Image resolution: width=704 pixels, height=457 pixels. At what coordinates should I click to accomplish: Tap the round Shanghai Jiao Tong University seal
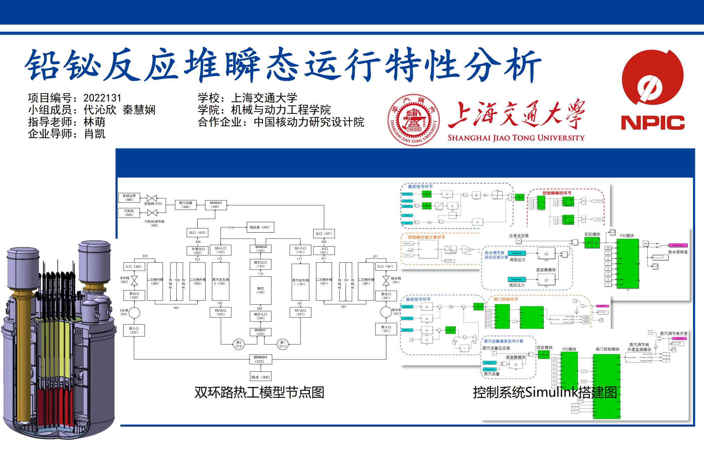(413, 120)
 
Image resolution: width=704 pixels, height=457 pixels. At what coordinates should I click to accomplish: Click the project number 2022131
(102, 98)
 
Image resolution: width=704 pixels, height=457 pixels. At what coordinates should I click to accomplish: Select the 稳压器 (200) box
(260, 227)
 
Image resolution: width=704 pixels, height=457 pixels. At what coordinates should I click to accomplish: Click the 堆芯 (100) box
(261, 290)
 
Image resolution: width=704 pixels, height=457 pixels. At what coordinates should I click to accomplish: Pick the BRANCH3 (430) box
(216, 205)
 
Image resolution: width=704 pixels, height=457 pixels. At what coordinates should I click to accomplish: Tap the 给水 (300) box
(261, 377)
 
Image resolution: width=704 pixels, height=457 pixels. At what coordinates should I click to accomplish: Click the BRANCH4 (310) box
(260, 359)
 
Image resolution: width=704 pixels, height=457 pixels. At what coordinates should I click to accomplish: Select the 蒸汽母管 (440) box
(186, 205)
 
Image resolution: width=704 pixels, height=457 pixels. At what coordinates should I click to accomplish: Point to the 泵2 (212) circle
(239, 344)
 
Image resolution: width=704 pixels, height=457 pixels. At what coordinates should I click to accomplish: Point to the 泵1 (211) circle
(283, 344)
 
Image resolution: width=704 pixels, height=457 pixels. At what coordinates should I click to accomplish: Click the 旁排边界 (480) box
(129, 198)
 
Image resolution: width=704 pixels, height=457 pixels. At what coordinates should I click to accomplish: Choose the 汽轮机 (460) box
(129, 213)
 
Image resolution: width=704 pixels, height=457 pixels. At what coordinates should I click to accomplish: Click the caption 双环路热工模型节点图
(259, 392)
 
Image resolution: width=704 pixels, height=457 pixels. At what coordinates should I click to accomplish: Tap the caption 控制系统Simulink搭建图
(545, 392)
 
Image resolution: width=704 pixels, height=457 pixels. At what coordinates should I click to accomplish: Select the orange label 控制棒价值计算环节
(426, 237)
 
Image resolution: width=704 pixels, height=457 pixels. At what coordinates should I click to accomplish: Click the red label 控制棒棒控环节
(557, 193)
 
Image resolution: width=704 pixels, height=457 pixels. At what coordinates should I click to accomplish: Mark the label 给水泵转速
(678, 252)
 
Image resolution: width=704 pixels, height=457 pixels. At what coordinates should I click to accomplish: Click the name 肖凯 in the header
(95, 134)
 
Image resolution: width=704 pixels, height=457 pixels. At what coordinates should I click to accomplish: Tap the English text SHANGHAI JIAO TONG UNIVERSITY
(516, 138)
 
